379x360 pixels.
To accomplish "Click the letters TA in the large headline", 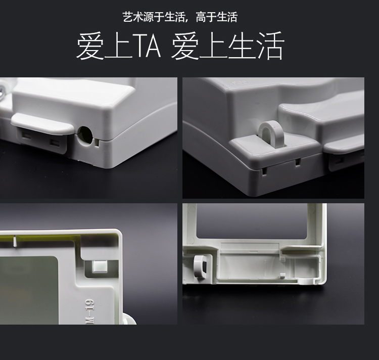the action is click(x=148, y=46).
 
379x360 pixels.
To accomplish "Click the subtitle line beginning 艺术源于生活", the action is click(x=180, y=17).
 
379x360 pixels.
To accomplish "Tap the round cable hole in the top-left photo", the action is click(x=86, y=135).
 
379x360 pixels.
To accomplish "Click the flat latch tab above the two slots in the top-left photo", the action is click(x=42, y=123).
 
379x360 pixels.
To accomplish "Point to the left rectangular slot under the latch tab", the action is click(x=26, y=136).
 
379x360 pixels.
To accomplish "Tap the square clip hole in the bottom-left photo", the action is click(x=100, y=266).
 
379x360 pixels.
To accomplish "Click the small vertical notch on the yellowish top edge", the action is click(x=15, y=241).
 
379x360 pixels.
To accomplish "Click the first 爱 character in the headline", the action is click(x=90, y=46).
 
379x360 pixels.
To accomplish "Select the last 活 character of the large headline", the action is click(x=270, y=46).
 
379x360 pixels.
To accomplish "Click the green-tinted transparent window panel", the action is click(x=28, y=290).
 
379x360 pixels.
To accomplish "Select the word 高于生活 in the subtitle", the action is click(x=217, y=17).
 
